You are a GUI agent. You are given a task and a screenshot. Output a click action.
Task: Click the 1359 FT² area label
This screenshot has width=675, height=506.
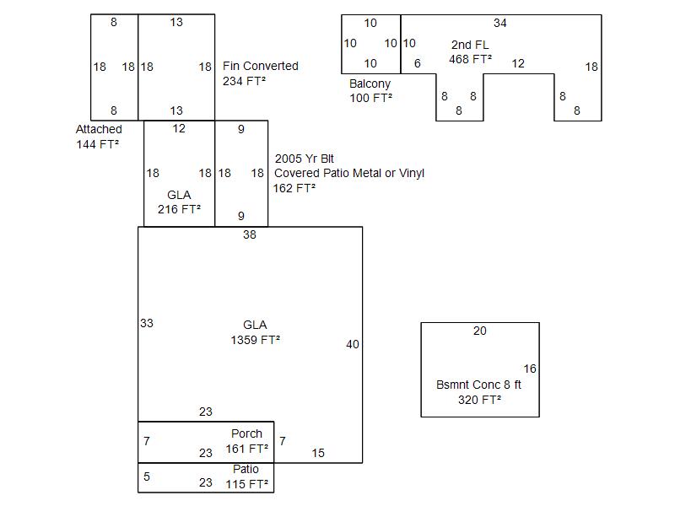coord(255,341)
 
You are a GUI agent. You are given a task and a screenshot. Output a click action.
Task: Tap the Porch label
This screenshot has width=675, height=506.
coord(246,433)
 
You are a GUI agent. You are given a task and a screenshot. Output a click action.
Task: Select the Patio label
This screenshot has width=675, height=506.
coord(246,469)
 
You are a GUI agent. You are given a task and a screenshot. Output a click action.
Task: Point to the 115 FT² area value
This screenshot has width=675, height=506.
coord(246,484)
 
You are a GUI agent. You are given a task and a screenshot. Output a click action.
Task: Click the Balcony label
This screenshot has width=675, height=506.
coord(370,83)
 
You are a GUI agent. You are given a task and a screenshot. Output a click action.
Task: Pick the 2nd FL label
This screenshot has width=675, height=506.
coord(470,45)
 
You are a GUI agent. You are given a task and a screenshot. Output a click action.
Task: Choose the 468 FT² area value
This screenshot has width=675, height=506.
coord(470,60)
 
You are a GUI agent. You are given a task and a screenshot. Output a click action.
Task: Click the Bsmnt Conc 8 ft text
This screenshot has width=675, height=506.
coord(478,385)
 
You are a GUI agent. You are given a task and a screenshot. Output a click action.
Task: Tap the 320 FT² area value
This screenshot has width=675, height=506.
coord(479,400)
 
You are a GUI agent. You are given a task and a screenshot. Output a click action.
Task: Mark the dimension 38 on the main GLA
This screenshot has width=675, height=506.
coord(250,235)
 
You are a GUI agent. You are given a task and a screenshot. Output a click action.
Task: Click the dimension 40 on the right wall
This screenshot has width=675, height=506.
coord(353,344)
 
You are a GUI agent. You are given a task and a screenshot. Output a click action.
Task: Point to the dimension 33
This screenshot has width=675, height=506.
coord(147,323)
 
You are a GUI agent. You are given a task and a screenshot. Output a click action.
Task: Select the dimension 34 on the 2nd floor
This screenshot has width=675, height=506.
coord(500,23)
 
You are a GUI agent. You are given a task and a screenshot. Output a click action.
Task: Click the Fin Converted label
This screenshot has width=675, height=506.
coord(260,66)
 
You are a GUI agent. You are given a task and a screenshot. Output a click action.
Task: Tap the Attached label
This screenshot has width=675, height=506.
coord(99,129)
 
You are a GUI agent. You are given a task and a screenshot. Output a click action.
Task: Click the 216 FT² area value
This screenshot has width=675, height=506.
coord(179,209)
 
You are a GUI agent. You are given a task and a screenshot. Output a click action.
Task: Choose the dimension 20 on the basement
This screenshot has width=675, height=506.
coord(479,331)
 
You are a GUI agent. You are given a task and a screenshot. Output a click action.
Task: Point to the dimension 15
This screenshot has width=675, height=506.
coord(318,453)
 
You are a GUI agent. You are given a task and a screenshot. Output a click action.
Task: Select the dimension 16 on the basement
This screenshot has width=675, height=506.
coord(530,369)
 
